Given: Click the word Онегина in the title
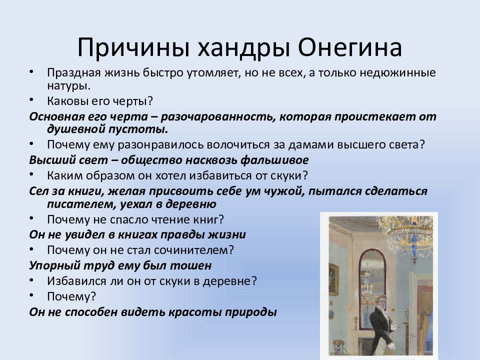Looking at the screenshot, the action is [350, 47].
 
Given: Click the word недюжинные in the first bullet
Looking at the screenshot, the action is [397, 73].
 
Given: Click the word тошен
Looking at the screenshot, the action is [190, 265].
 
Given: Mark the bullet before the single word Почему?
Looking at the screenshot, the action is [31, 295].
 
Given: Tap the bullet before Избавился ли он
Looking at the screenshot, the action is [31, 280].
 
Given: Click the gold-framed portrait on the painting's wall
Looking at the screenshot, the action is [333, 279].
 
